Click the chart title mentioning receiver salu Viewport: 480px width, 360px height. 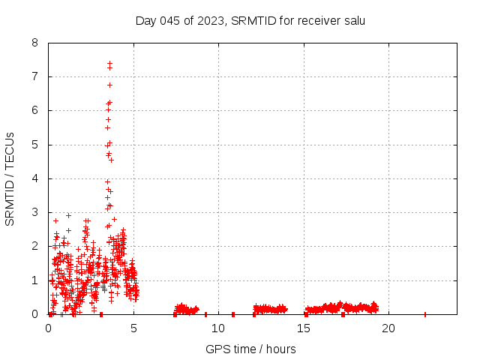click(250, 20)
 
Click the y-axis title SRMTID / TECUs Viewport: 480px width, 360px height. click(10, 178)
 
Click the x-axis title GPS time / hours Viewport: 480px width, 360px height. click(250, 349)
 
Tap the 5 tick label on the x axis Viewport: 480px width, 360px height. click(133, 328)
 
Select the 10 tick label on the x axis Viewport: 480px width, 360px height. click(218, 328)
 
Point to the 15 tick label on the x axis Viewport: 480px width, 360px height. click(304, 328)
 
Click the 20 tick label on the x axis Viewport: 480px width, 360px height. click(388, 328)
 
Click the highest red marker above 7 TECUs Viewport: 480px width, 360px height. click(109, 63)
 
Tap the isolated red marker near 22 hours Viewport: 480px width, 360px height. click(425, 314)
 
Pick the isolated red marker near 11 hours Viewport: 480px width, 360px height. click(233, 314)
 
